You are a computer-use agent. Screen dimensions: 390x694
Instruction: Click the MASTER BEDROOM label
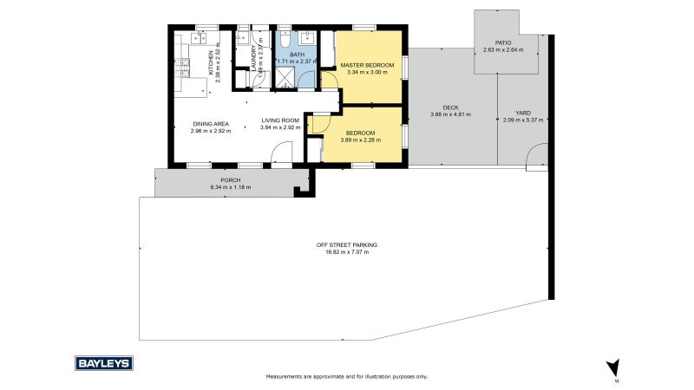368,65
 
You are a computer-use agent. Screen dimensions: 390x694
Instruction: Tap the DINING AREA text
209,124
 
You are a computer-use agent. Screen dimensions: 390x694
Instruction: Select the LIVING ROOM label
280,120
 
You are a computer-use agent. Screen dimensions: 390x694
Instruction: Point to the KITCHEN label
211,58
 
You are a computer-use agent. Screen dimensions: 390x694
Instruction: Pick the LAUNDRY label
255,58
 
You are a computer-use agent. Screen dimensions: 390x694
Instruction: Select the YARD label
522,113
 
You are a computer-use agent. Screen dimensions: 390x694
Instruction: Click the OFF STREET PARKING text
346,245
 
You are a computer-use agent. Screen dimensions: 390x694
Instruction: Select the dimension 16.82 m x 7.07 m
346,252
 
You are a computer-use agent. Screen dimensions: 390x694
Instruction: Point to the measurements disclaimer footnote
346,377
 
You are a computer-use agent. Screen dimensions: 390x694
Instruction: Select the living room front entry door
280,157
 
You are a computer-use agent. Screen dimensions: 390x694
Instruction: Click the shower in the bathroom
284,78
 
